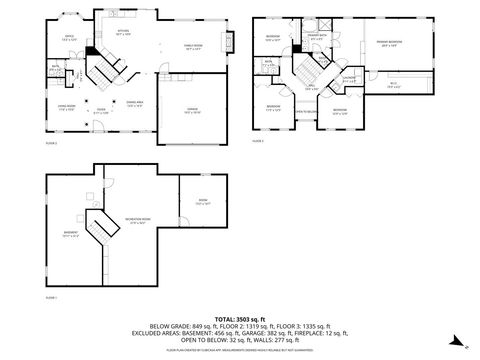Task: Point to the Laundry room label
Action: point(349,79)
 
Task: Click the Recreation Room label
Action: point(140,222)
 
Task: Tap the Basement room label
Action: point(71,235)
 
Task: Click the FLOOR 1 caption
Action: point(51,297)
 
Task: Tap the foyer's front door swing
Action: point(100,124)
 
